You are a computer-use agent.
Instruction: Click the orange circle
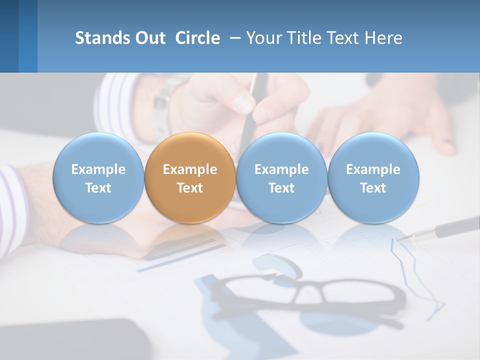(x=190, y=178)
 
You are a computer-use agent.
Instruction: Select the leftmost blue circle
(x=98, y=178)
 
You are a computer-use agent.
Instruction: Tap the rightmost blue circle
(x=373, y=178)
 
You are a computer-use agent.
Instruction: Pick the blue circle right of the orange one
(x=281, y=178)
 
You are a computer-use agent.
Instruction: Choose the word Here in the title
(x=383, y=38)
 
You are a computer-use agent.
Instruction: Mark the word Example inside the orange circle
(x=190, y=169)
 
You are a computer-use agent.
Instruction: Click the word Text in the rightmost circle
(x=373, y=188)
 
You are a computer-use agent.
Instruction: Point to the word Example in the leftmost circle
(x=98, y=169)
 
